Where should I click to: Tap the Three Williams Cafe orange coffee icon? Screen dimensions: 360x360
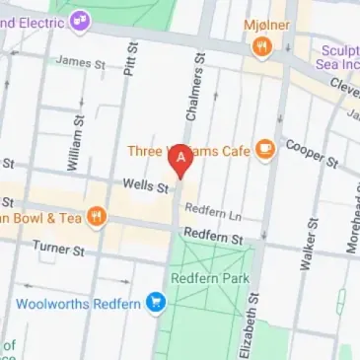(x=264, y=149)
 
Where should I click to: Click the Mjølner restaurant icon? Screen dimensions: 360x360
(x=260, y=46)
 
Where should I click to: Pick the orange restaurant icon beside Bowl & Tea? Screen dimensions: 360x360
(x=97, y=216)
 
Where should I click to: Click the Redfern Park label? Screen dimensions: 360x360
(x=209, y=277)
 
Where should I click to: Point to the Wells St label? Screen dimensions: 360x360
(x=141, y=183)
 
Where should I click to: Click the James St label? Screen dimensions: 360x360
(x=80, y=61)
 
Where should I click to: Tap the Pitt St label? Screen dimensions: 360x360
(x=130, y=65)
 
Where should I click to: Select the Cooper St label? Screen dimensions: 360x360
(x=311, y=152)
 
